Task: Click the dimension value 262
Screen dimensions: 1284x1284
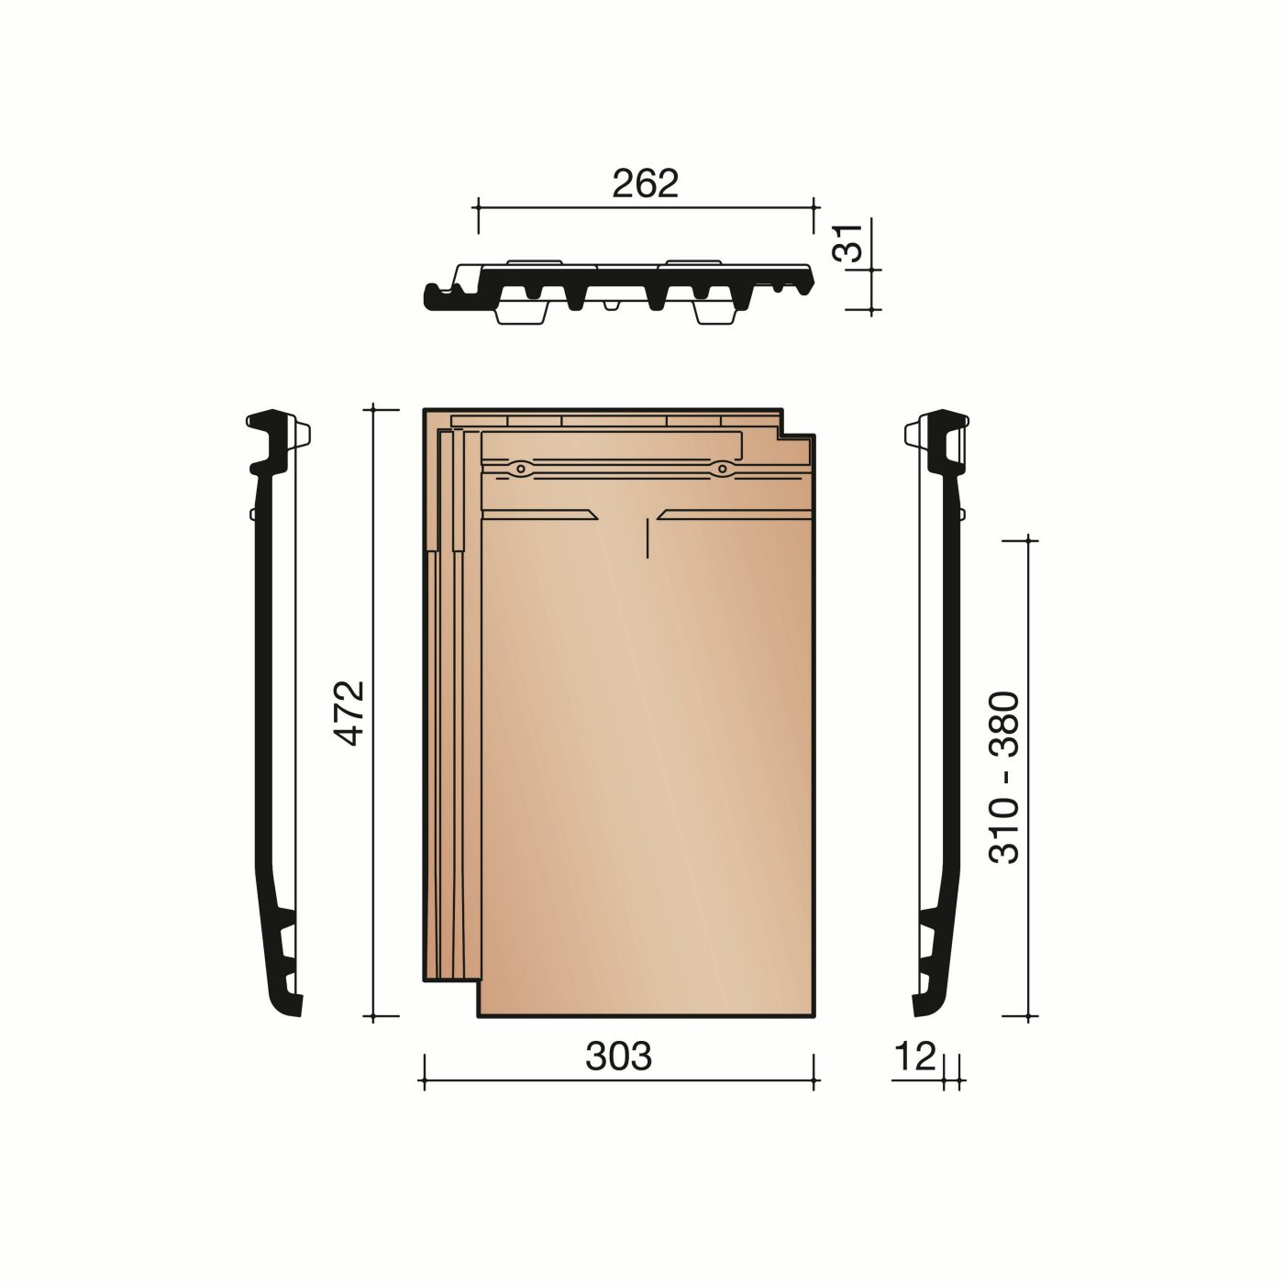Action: [645, 184]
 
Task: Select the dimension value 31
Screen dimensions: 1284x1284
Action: [854, 245]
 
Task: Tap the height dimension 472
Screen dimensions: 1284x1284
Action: [351, 713]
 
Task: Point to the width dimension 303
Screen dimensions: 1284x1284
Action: [618, 1057]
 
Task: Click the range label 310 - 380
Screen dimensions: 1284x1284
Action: [1005, 777]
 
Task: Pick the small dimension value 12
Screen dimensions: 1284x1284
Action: [913, 1057]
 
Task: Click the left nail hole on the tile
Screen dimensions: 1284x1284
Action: [521, 469]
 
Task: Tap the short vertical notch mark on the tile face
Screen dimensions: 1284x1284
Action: [648, 537]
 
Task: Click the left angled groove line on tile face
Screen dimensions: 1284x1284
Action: [541, 514]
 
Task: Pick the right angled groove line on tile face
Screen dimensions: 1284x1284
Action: [734, 514]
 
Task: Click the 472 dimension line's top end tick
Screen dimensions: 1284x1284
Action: [373, 409]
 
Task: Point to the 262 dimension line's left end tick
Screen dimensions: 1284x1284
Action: [478, 208]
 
